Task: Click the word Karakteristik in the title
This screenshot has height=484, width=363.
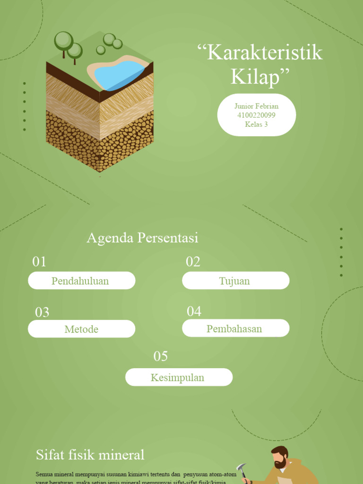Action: (264, 53)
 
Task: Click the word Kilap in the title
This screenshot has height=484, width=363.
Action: (260, 77)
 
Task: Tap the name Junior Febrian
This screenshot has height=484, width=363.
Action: (256, 106)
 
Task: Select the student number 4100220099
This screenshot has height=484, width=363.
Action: (256, 115)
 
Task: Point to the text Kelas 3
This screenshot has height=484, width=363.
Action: (256, 124)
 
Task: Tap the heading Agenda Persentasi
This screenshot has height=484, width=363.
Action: (142, 238)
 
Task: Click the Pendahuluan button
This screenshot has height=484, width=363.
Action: (81, 281)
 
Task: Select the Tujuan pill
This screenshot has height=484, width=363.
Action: (235, 281)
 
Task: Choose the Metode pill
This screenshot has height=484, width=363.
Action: (81, 329)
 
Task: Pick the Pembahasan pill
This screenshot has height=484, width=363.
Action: (235, 328)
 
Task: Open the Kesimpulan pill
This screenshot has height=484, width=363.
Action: (179, 377)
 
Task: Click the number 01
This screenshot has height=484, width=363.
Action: (39, 261)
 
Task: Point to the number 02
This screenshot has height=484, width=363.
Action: (193, 261)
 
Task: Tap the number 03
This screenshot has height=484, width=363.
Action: (42, 312)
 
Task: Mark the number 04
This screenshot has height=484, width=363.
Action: (194, 311)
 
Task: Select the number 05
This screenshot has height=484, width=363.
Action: (160, 356)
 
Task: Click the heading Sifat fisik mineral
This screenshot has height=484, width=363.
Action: (90, 455)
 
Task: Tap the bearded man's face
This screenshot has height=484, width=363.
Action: (280, 459)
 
